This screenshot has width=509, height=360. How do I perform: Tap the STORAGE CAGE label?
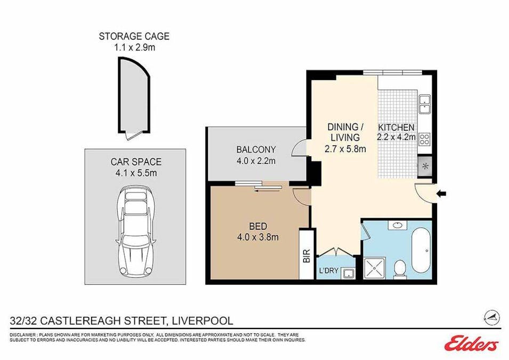pyautogui.click(x=134, y=36)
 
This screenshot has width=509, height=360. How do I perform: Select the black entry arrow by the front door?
pyautogui.click(x=441, y=194)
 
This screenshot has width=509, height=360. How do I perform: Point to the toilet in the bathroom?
pyautogui.click(x=399, y=269)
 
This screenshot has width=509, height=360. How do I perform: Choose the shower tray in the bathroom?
pyautogui.click(x=375, y=268)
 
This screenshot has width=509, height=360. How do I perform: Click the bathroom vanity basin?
pyautogui.click(x=397, y=225)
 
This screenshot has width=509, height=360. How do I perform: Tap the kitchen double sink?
pyautogui.click(x=424, y=105)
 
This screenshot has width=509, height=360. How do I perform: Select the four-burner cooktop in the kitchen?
pyautogui.click(x=424, y=139)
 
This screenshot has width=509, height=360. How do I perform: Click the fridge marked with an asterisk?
pyautogui.click(x=425, y=167)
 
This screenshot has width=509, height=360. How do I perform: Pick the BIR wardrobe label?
pyautogui.click(x=307, y=255)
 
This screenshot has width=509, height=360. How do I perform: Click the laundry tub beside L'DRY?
pyautogui.click(x=349, y=273)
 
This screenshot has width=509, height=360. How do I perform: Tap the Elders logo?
pyautogui.click(x=471, y=343)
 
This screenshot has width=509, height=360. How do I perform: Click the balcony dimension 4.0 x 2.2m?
pyautogui.click(x=256, y=161)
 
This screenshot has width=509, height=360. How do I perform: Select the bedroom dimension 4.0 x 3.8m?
pyautogui.click(x=258, y=237)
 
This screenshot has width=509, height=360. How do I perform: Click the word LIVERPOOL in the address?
pyautogui.click(x=202, y=321)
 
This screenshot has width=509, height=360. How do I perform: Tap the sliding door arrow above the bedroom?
pyautogui.click(x=268, y=191)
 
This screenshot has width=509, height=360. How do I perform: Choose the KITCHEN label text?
pyautogui.click(x=396, y=127)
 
